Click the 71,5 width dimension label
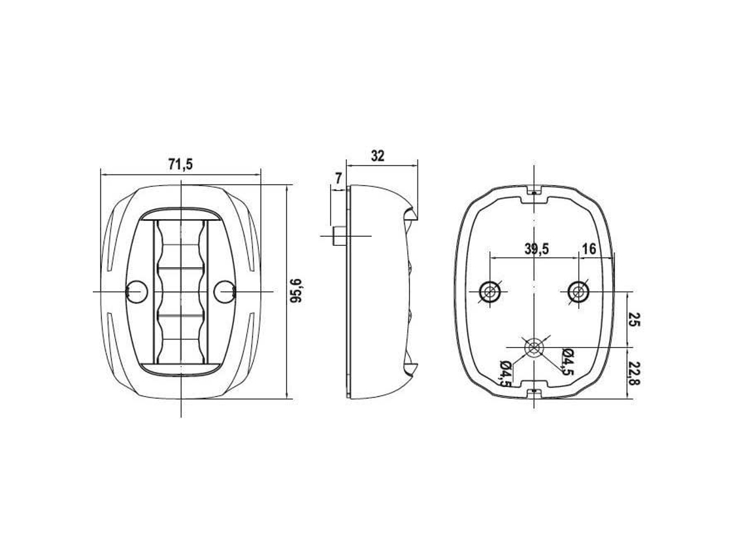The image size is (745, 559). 180,165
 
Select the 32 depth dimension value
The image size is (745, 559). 378,156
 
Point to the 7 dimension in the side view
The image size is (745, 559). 339,178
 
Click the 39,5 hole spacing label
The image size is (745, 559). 537,248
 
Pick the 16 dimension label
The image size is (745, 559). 588,248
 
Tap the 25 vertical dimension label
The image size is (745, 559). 635,320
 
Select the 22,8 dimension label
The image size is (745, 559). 635,373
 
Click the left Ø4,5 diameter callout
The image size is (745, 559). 506,374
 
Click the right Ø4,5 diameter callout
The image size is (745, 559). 567,362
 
